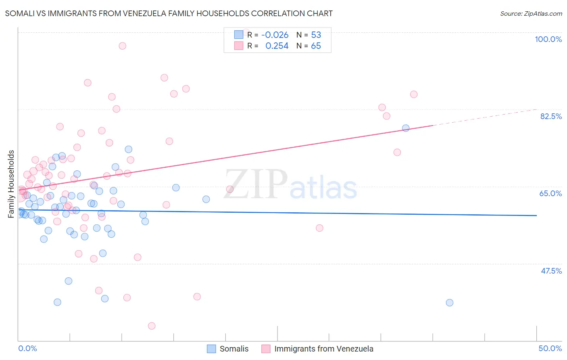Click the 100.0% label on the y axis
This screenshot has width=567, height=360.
[548, 39]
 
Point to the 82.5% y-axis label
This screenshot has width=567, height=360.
[551, 116]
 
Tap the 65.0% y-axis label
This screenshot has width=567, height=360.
[550, 193]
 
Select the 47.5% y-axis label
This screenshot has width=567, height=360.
[551, 271]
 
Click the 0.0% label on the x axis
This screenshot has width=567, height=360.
[27, 348]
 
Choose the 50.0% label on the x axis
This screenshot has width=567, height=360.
[550, 348]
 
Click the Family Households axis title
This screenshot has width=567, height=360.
[11, 184]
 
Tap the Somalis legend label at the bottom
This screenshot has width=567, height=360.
[234, 349]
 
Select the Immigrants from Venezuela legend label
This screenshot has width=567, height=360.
[324, 349]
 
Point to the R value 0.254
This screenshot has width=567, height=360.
[277, 46]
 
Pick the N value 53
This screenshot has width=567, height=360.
[316, 35]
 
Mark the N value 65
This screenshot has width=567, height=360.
[316, 46]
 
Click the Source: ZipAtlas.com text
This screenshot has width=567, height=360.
[531, 13]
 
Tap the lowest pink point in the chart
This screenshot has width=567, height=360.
[152, 326]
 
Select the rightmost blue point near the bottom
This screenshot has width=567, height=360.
[450, 303]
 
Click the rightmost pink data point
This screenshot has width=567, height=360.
[414, 94]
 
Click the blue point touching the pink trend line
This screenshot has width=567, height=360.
[406, 128]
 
